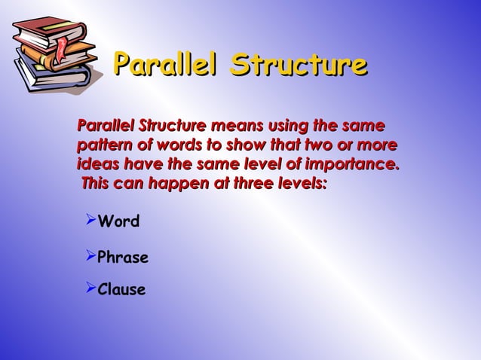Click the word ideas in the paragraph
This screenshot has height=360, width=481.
coord(96,163)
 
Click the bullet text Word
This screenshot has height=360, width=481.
coord(118,222)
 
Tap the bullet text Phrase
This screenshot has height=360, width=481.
coord(123,258)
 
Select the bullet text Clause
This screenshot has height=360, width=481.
coord(121,289)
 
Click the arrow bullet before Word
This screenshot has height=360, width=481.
coord(89,221)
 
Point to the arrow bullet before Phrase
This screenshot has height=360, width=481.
coord(89,256)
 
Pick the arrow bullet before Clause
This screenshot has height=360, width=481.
coord(89,288)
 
